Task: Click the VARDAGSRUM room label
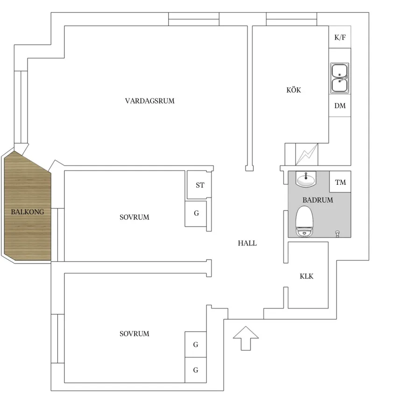click(x=149, y=101)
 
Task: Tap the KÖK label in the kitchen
click(x=294, y=90)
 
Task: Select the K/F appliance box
click(x=340, y=37)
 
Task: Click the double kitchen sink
click(x=340, y=78)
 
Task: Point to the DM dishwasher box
click(x=340, y=105)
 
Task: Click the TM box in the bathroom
click(x=340, y=182)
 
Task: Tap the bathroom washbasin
click(x=306, y=179)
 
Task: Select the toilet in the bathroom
click(x=305, y=221)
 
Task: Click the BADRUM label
click(x=318, y=200)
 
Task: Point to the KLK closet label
click(x=306, y=276)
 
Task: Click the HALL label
click(x=247, y=243)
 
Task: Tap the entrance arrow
click(x=246, y=338)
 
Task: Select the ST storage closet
click(x=199, y=185)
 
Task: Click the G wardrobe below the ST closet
click(x=196, y=213)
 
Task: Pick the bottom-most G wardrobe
click(x=196, y=370)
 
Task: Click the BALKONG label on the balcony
click(x=28, y=212)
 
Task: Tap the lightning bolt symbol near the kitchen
click(x=307, y=154)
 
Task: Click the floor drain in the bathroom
click(x=338, y=234)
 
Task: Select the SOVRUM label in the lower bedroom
click(x=134, y=334)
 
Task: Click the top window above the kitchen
click(x=291, y=19)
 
